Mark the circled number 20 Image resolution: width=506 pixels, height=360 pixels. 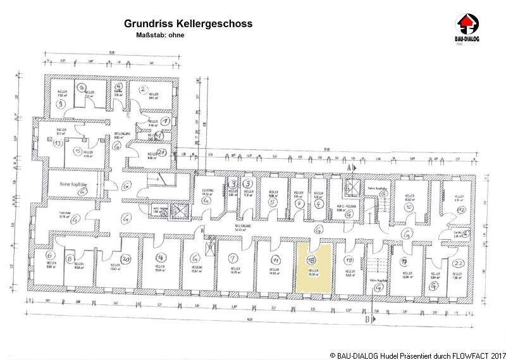[x=126, y=259]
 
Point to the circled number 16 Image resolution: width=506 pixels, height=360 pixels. [x=81, y=88]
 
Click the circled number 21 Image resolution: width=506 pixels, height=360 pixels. [x=162, y=152]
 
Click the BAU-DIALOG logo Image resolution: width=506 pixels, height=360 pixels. [x=470, y=26]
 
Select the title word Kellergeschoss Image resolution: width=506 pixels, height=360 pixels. [x=215, y=23]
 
